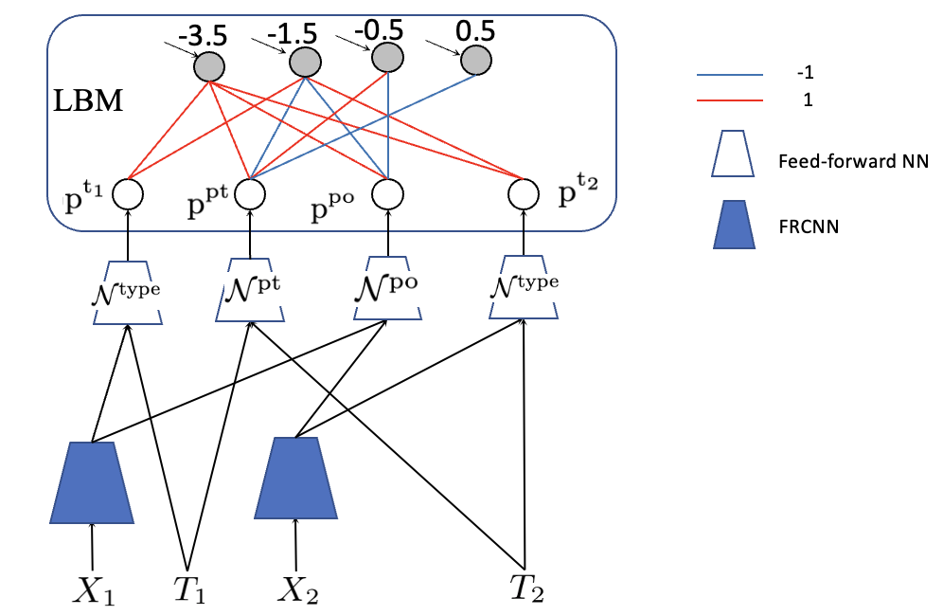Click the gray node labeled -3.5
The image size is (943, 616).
coord(208,66)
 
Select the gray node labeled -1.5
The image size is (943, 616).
coord(304,63)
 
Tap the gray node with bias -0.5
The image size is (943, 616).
coord(386,59)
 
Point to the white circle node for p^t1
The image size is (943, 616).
coord(127,194)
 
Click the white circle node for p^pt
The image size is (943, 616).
coord(249,194)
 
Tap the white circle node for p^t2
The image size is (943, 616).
coord(521,194)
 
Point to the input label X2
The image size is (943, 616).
coord(297,590)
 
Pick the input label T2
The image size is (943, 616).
coord(525,589)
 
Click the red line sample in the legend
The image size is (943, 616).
coord(731,100)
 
